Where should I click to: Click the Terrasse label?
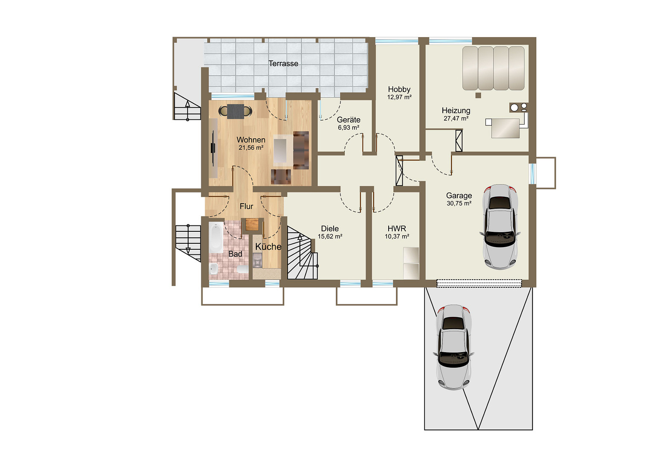(283, 64)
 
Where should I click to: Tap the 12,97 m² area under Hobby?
(399, 97)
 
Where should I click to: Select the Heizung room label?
(456, 111)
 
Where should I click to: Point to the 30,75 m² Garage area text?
(459, 203)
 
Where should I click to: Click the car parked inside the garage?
(500, 227)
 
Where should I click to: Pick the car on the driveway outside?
(453, 347)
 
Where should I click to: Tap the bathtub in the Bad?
(216, 237)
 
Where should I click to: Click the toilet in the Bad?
(242, 269)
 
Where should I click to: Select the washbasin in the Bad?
(214, 269)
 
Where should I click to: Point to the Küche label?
(268, 247)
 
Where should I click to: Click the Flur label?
(247, 206)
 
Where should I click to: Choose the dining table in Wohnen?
(235, 111)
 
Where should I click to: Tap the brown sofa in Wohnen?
(301, 150)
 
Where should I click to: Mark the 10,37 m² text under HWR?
(397, 236)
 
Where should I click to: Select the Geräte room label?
(349, 120)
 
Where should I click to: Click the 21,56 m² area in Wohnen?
(251, 148)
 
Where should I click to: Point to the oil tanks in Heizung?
(493, 68)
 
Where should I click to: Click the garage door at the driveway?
(479, 283)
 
